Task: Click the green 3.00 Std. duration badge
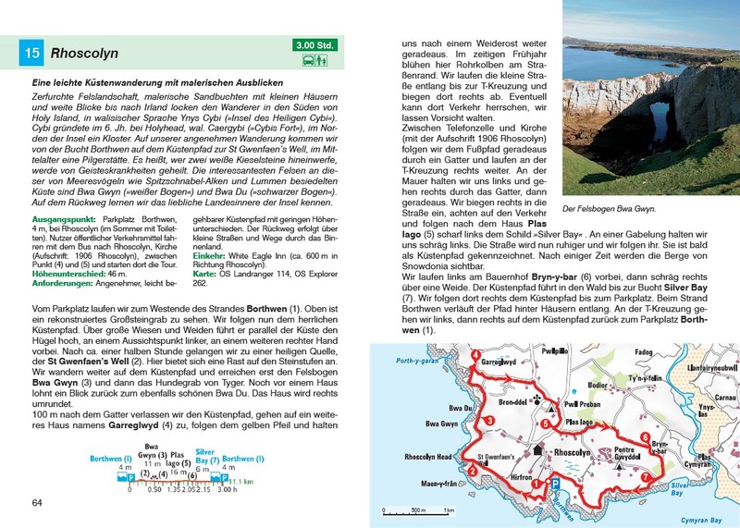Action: coord(316,44)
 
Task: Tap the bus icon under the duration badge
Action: coord(309,62)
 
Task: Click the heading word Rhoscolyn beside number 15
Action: coord(88,54)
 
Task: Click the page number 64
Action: coord(37,502)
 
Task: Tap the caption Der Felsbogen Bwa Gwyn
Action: coord(610,209)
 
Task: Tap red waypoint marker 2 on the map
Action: coord(473,471)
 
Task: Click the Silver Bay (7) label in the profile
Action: coord(204,455)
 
